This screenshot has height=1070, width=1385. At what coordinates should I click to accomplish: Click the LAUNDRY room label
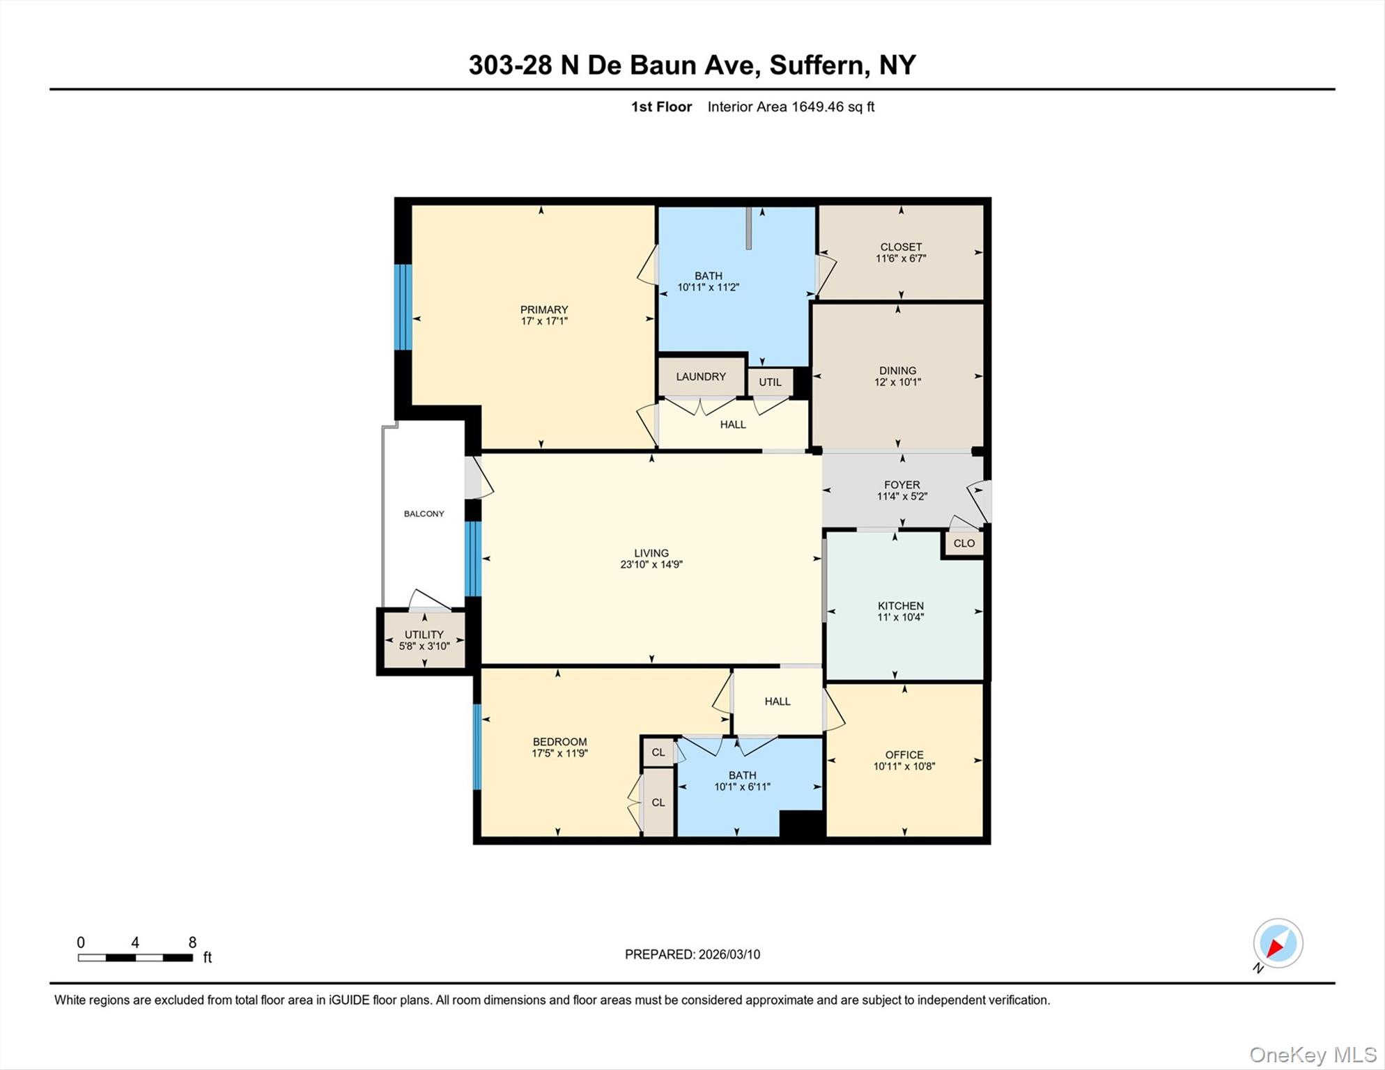point(700,377)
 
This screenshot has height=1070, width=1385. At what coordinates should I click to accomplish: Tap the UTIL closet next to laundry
point(770,382)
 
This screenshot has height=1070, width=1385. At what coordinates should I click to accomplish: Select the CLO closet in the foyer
point(964,543)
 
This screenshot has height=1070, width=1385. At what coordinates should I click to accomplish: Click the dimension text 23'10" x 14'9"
point(651,565)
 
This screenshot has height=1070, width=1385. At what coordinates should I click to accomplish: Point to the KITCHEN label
point(900,606)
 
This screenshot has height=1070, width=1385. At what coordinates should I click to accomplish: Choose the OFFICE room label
point(904,755)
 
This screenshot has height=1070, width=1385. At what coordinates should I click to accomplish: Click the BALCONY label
point(424,514)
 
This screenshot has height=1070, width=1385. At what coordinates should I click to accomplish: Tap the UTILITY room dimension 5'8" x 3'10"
point(424,646)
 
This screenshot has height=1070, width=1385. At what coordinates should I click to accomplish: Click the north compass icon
point(1278,944)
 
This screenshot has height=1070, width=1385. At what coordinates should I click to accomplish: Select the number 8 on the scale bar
point(192,943)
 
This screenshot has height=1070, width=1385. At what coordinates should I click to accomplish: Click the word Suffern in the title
point(815,65)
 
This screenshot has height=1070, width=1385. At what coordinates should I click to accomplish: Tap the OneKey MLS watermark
point(1312,1055)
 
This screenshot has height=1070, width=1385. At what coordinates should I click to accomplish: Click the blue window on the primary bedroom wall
point(403,307)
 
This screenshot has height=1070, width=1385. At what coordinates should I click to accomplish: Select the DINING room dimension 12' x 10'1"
point(897,382)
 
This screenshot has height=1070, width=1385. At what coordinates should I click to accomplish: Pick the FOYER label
point(902,485)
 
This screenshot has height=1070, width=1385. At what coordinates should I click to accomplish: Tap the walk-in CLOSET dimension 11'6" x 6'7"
point(900,258)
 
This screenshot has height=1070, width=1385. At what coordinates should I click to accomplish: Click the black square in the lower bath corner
point(801,823)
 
